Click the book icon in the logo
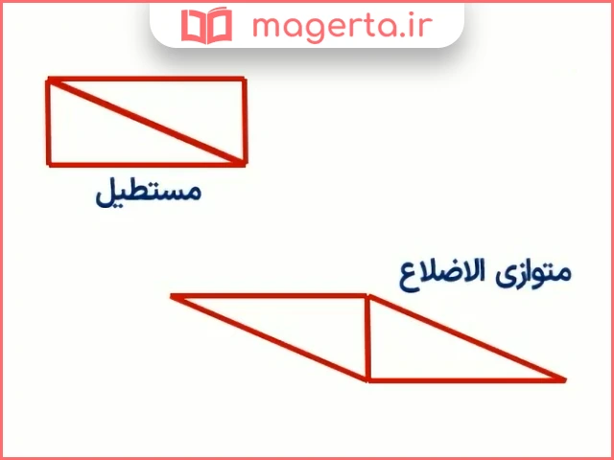tap(206, 26)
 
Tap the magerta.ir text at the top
tap(332, 25)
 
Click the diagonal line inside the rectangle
tap(146, 122)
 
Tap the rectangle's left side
tap(49, 122)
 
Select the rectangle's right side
tap(244, 122)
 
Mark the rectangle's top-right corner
tap(244, 80)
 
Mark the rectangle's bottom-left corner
tap(49, 164)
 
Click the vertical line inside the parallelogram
tap(367, 337)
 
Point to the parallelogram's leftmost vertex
tap(174, 296)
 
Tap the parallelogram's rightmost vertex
tap(563, 379)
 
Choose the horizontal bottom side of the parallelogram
tap(465, 379)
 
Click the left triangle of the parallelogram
tap(307, 324)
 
